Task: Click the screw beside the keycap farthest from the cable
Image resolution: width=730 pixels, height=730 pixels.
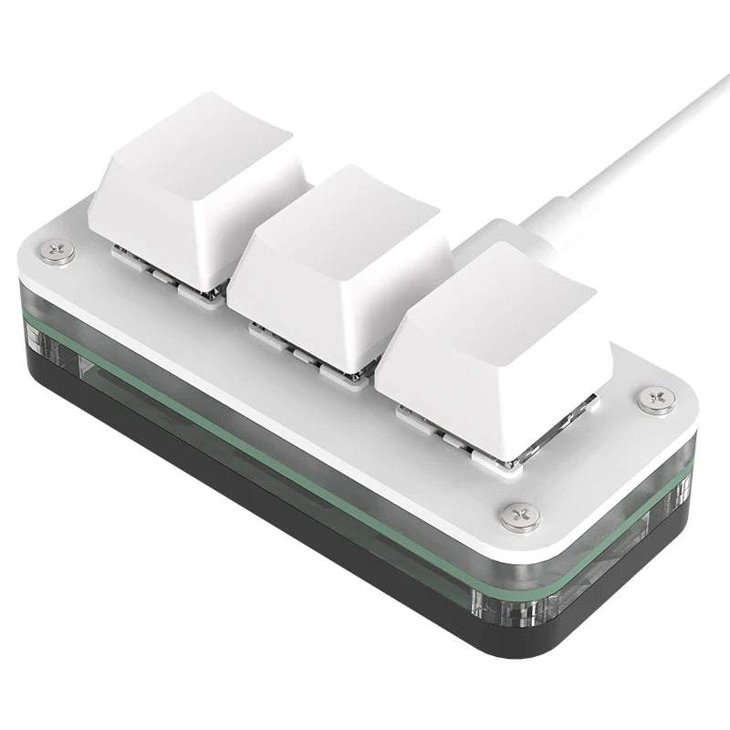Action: pyautogui.click(x=62, y=249)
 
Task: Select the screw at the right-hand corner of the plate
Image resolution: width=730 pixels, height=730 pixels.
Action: pyautogui.click(x=656, y=399)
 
